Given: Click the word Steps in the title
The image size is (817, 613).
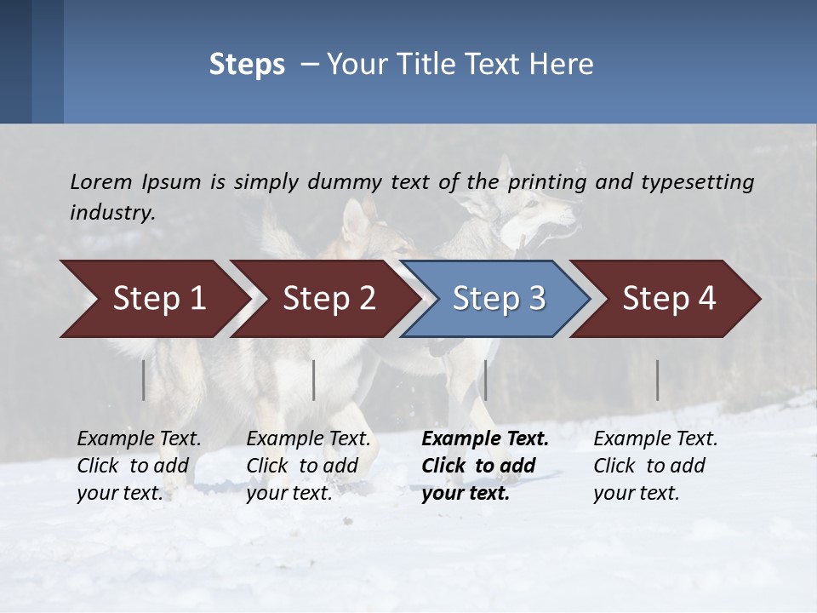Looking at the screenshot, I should tap(247, 65).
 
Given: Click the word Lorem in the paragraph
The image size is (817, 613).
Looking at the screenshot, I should tap(101, 181).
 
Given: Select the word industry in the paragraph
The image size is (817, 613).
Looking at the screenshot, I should tap(111, 213).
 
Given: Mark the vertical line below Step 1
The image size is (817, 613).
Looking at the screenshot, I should tap(144, 380).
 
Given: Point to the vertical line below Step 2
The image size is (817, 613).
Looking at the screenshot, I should tap(314, 380).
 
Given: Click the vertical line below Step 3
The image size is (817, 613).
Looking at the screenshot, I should tap(485, 380).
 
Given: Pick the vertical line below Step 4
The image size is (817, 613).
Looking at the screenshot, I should tap(658, 380).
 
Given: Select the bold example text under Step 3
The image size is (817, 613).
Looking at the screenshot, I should tap(484, 466).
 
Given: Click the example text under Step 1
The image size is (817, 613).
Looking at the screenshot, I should tap(139, 466).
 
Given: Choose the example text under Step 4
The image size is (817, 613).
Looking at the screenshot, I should tap(655, 466).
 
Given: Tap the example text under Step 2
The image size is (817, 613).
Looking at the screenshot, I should tap(308, 466).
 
